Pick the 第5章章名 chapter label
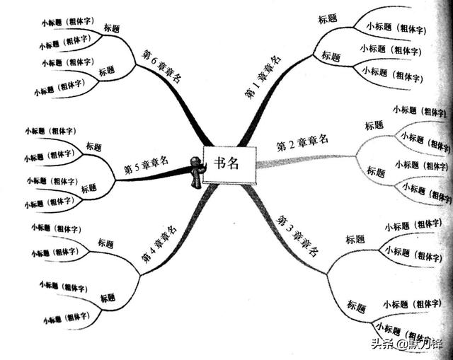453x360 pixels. click(x=146, y=166)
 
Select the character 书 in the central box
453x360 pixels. click(x=219, y=164)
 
